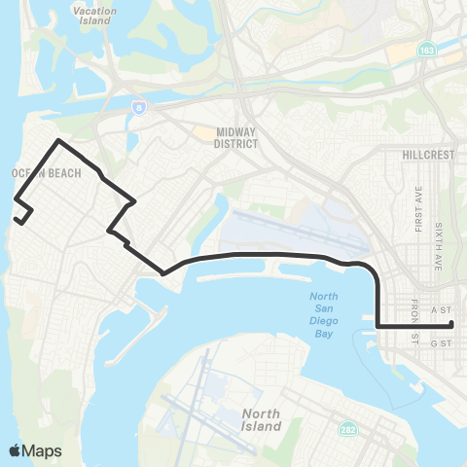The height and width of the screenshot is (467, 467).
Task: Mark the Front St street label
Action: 414,321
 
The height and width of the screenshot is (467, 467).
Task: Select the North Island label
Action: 261,419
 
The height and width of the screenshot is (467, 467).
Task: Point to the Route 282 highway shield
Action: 347,429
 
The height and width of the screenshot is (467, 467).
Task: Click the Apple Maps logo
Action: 33,450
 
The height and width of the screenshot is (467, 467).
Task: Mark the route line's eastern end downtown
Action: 452,325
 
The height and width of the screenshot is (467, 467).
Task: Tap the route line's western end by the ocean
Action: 17,220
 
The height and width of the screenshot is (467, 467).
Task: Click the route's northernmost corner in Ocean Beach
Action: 59,141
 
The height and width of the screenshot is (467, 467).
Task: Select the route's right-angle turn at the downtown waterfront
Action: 377,325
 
